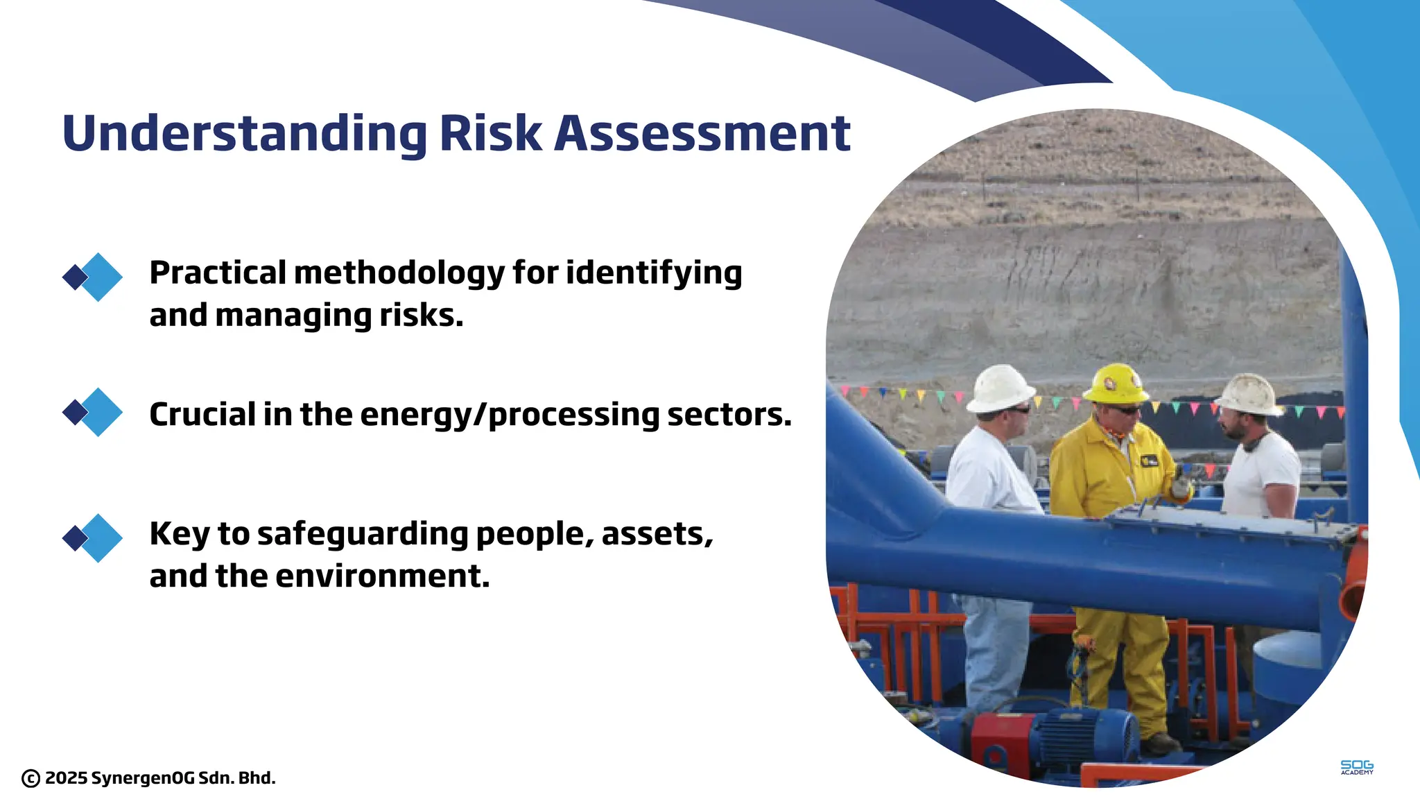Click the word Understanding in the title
tap(244, 133)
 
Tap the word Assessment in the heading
tap(702, 133)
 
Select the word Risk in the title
tap(490, 133)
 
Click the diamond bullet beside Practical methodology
tap(93, 277)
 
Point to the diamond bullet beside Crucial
tap(93, 412)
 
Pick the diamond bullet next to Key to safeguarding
tap(93, 538)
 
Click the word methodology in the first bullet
tap(399, 273)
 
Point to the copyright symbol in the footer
tap(31, 778)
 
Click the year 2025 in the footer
tap(67, 778)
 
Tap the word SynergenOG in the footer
tap(143, 778)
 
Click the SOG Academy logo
tap(1356, 767)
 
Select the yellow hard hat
tap(1116, 383)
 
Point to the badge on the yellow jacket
tap(1149, 460)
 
